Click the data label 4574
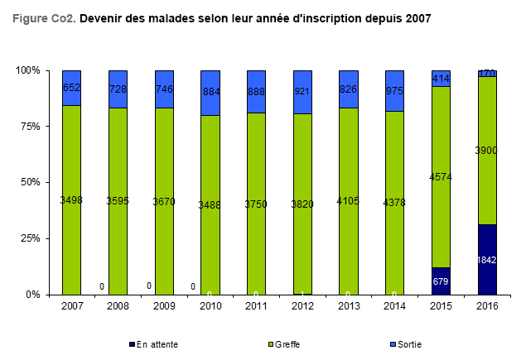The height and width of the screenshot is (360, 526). (x=441, y=176)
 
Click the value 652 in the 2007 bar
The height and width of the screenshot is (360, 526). (x=71, y=88)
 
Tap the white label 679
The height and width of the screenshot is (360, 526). (x=441, y=281)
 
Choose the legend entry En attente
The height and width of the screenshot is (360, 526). (x=157, y=343)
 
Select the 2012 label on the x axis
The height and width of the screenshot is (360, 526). (x=302, y=305)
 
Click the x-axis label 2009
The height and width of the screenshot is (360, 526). (x=164, y=305)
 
